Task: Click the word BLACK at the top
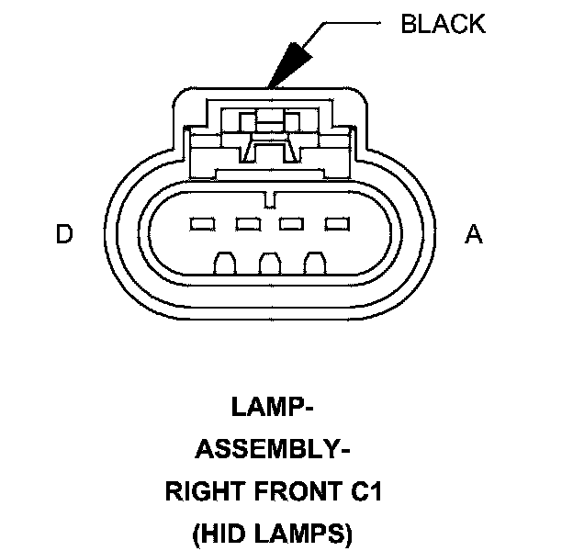click(443, 24)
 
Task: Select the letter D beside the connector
click(63, 235)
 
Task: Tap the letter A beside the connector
click(473, 235)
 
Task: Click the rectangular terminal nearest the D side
click(200, 223)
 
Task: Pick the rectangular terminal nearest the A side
click(337, 223)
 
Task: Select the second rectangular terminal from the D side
click(246, 223)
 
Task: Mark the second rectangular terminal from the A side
click(292, 223)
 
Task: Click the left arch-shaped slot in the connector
click(224, 264)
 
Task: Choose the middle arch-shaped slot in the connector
click(269, 264)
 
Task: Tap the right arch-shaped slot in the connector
click(315, 264)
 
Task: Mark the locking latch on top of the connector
click(268, 138)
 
